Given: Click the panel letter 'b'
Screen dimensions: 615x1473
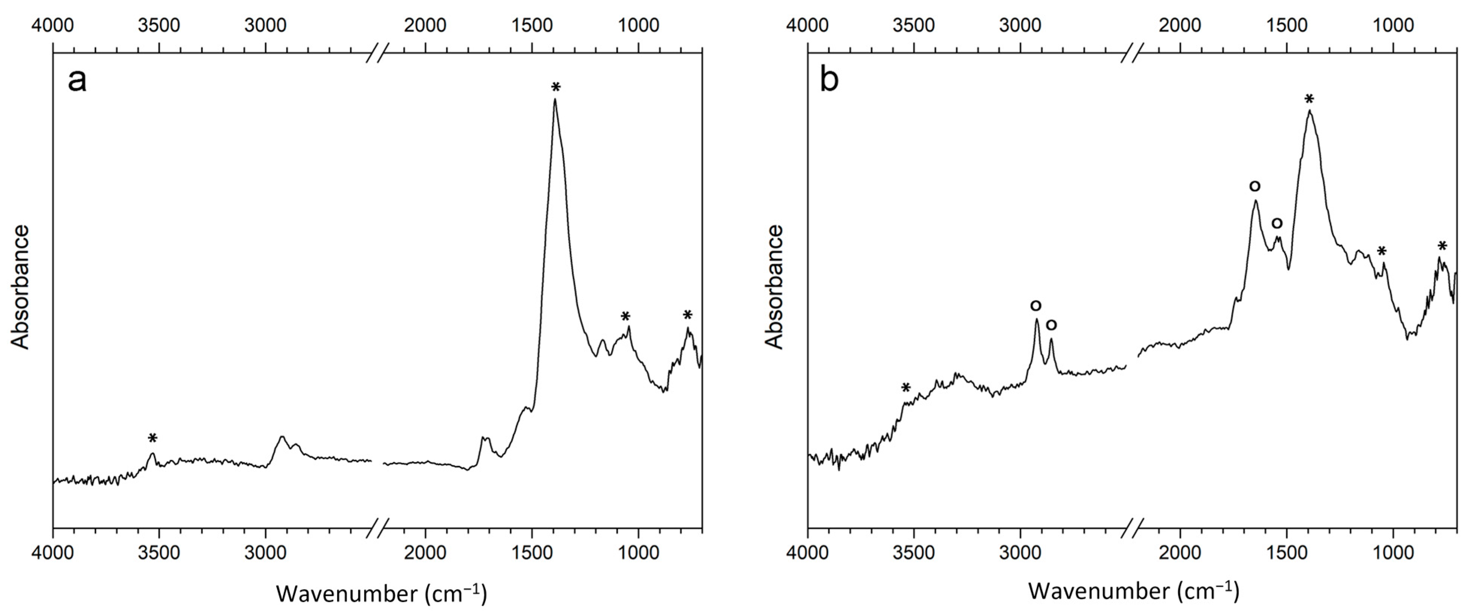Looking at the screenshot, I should pyautogui.click(x=829, y=80).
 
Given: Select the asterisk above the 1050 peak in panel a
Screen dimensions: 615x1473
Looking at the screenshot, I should pyautogui.click(x=625, y=317).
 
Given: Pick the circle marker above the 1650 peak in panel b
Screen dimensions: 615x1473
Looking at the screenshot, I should pyautogui.click(x=1255, y=186).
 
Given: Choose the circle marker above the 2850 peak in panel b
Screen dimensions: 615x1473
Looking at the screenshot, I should pyautogui.click(x=1051, y=325).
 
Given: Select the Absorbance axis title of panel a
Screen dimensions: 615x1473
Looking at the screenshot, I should pyautogui.click(x=21, y=287).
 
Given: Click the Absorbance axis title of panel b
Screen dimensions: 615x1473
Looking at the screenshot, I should pyautogui.click(x=774, y=287).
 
